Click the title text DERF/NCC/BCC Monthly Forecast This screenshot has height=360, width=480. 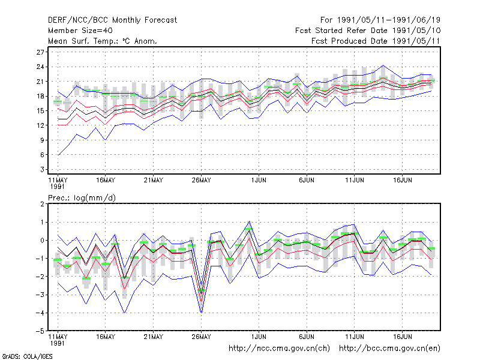[x=112, y=20]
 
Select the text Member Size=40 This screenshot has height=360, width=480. [x=80, y=31]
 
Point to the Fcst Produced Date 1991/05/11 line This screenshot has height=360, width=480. [x=376, y=41]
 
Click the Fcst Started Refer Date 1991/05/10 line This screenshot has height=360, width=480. [x=368, y=31]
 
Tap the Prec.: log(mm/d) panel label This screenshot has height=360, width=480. [x=82, y=198]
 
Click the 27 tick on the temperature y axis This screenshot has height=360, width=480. [x=40, y=52]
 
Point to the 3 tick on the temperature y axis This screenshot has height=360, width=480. [x=42, y=169]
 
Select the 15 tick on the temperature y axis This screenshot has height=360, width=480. [x=40, y=111]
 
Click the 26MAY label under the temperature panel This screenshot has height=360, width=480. [x=201, y=180]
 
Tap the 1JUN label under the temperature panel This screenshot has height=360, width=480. [x=259, y=180]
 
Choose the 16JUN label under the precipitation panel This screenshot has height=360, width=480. [x=402, y=337]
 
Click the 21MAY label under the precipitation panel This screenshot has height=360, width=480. [x=154, y=337]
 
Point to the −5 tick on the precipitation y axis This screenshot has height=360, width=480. [x=40, y=331]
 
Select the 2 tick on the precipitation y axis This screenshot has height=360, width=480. [x=42, y=204]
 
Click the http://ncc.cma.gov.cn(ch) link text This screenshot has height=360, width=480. [x=279, y=349]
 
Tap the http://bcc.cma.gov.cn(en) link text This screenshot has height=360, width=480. [x=389, y=349]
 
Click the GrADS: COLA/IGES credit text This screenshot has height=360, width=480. [x=27, y=356]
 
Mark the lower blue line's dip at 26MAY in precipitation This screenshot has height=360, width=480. [x=201, y=313]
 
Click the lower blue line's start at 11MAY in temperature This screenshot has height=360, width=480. [x=58, y=155]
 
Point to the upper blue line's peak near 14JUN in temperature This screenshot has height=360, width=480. [x=383, y=65]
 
